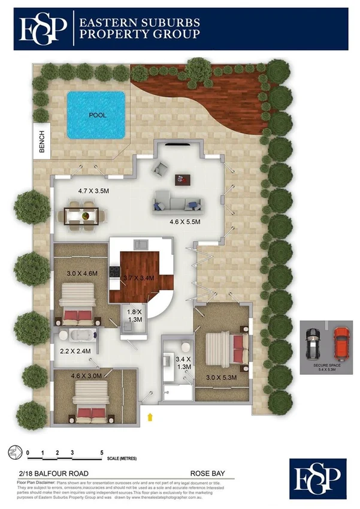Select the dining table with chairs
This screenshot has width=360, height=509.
click(x=83, y=215)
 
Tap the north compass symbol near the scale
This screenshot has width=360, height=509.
click(x=12, y=453)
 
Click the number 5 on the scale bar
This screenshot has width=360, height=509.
click(x=102, y=452)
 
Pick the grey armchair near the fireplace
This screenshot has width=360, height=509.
click(x=160, y=168)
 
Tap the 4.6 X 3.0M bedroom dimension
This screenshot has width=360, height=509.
click(x=88, y=376)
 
